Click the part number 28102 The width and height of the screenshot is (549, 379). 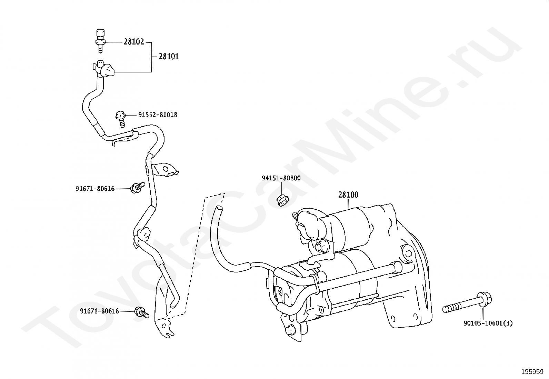134,42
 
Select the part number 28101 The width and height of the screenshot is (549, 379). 169,57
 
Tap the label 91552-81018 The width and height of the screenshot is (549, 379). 158,115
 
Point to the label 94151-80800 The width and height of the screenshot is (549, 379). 281,178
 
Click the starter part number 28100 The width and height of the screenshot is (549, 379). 348,195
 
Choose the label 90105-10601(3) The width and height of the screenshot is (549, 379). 488,323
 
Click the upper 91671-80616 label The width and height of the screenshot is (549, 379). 95,189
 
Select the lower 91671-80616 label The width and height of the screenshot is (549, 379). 99,311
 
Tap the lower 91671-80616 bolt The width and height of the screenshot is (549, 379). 141,312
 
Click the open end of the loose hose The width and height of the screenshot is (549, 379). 219,208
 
